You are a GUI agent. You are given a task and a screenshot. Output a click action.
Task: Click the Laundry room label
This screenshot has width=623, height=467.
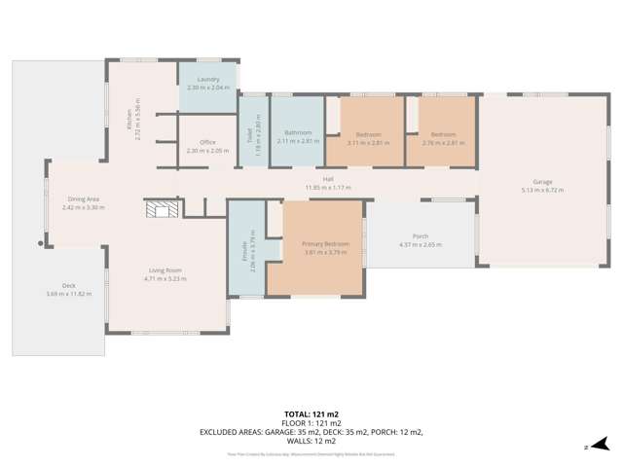coord(206,79)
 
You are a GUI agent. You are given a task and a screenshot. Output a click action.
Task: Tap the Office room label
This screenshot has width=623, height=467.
coord(206,142)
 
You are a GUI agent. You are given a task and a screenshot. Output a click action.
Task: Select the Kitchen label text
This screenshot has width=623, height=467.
coord(128,120)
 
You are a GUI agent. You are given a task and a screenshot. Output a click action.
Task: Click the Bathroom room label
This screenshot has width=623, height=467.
coord(298,132)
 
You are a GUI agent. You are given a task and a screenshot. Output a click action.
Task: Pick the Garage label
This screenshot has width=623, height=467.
coord(542,182)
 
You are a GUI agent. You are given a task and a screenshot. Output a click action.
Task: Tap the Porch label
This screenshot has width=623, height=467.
coord(421,236)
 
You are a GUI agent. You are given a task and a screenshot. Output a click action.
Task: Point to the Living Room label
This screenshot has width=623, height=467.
coord(165,270)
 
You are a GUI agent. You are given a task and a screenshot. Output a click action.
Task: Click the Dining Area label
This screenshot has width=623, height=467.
coord(81,198)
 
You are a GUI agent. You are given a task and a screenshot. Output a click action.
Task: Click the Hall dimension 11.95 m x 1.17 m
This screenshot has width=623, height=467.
coord(327,188)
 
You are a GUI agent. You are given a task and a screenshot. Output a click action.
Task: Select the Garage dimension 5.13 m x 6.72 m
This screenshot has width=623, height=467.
coord(542,191)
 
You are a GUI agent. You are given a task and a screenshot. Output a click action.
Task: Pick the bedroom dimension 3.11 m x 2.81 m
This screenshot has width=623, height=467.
coord(368,142)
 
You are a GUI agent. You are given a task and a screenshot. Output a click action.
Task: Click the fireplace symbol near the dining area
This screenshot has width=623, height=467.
coord(159,208)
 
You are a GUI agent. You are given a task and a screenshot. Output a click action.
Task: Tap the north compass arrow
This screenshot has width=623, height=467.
coord(604,443)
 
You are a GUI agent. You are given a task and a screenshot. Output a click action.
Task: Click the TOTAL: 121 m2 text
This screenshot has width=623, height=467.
coord(311,414)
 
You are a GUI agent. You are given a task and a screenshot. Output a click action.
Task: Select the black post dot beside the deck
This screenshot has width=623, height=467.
coord(41,244)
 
